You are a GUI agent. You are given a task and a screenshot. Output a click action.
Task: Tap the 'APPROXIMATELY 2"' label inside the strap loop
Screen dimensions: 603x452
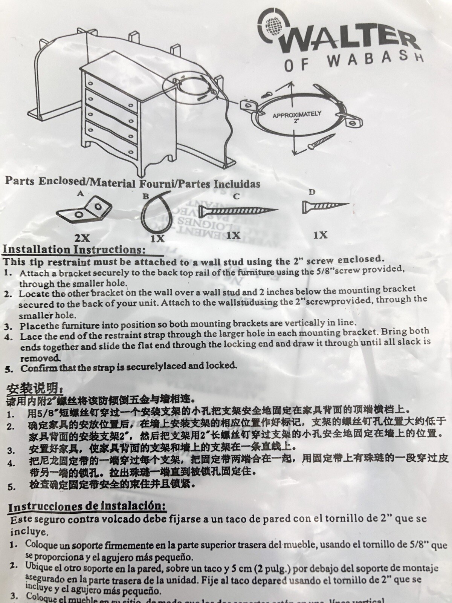(x=297, y=117)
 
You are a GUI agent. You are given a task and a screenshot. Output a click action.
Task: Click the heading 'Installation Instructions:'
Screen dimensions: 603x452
(x=74, y=249)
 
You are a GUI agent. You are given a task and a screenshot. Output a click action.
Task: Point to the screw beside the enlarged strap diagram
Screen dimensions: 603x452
(x=319, y=144)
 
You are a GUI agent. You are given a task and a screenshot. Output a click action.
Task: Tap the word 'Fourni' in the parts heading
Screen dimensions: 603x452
(x=155, y=184)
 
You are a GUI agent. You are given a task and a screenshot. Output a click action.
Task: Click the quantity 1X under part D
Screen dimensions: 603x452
(x=320, y=235)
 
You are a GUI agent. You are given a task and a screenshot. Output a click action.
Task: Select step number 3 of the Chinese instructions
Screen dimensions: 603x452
(x=11, y=450)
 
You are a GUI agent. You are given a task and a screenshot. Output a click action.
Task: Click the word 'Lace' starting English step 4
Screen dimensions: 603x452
(x=28, y=336)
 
